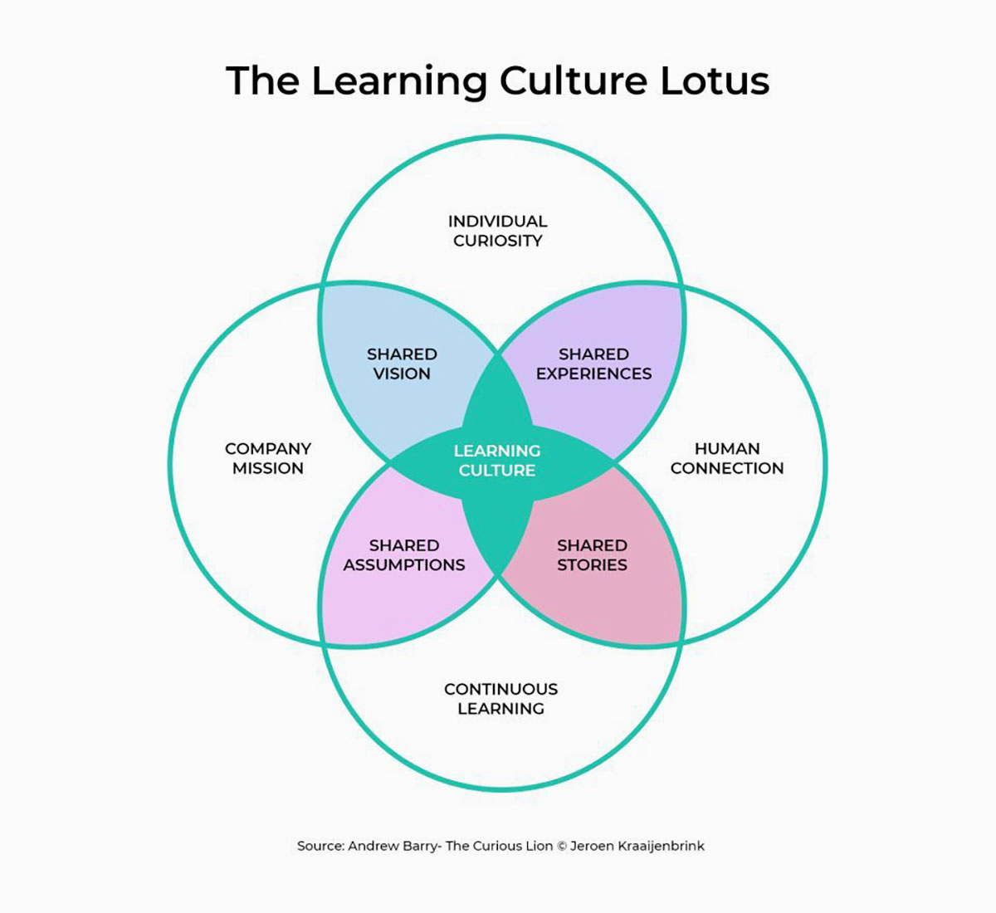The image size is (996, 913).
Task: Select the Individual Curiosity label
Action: tap(497, 231)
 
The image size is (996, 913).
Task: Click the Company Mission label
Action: tap(268, 458)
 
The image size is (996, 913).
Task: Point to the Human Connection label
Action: tap(727, 458)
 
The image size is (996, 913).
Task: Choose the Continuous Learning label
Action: tap(500, 699)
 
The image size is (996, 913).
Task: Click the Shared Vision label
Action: tap(402, 364)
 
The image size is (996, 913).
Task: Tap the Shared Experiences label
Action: tap(593, 364)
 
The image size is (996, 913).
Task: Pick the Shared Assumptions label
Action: tap(404, 555)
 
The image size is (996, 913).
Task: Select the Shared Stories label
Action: tap(592, 555)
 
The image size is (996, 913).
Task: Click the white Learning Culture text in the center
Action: tap(497, 461)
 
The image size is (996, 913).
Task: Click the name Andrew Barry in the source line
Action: tap(393, 847)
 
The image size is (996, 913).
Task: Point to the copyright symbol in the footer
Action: tap(561, 847)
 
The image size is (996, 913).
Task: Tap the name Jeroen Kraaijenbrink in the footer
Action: tap(637, 847)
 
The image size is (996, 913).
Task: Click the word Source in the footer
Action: tap(320, 847)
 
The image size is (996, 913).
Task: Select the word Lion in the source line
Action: tap(539, 847)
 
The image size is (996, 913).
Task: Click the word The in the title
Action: tap(262, 81)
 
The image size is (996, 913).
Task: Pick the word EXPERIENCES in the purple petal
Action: tap(593, 373)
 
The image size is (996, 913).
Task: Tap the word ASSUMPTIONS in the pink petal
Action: tap(404, 565)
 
